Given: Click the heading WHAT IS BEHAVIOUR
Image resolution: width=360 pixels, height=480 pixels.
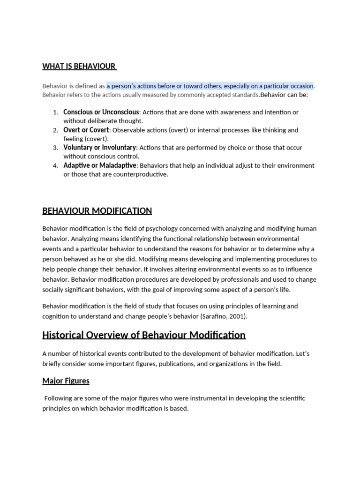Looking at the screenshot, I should point(79,66).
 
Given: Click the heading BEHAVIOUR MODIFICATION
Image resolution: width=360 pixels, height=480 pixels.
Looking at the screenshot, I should point(97,210).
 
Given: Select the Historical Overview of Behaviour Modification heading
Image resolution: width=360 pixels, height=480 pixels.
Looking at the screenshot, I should point(143,335).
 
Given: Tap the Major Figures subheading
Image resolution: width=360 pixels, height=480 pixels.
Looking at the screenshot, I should point(66,381).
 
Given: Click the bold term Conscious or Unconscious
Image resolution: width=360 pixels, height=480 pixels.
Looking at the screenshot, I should point(101,112).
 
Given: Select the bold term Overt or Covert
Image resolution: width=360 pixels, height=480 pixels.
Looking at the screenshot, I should point(86,130).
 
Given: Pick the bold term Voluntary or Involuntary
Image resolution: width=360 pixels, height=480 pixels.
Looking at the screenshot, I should point(100,148).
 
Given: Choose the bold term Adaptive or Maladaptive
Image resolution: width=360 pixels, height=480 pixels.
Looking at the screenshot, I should point(100,165).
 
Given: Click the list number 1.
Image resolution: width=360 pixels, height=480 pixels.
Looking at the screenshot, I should point(55,112).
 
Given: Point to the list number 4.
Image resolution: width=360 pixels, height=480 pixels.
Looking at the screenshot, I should point(55,166).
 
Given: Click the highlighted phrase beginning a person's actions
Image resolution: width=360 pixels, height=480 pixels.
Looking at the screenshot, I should point(210,86).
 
